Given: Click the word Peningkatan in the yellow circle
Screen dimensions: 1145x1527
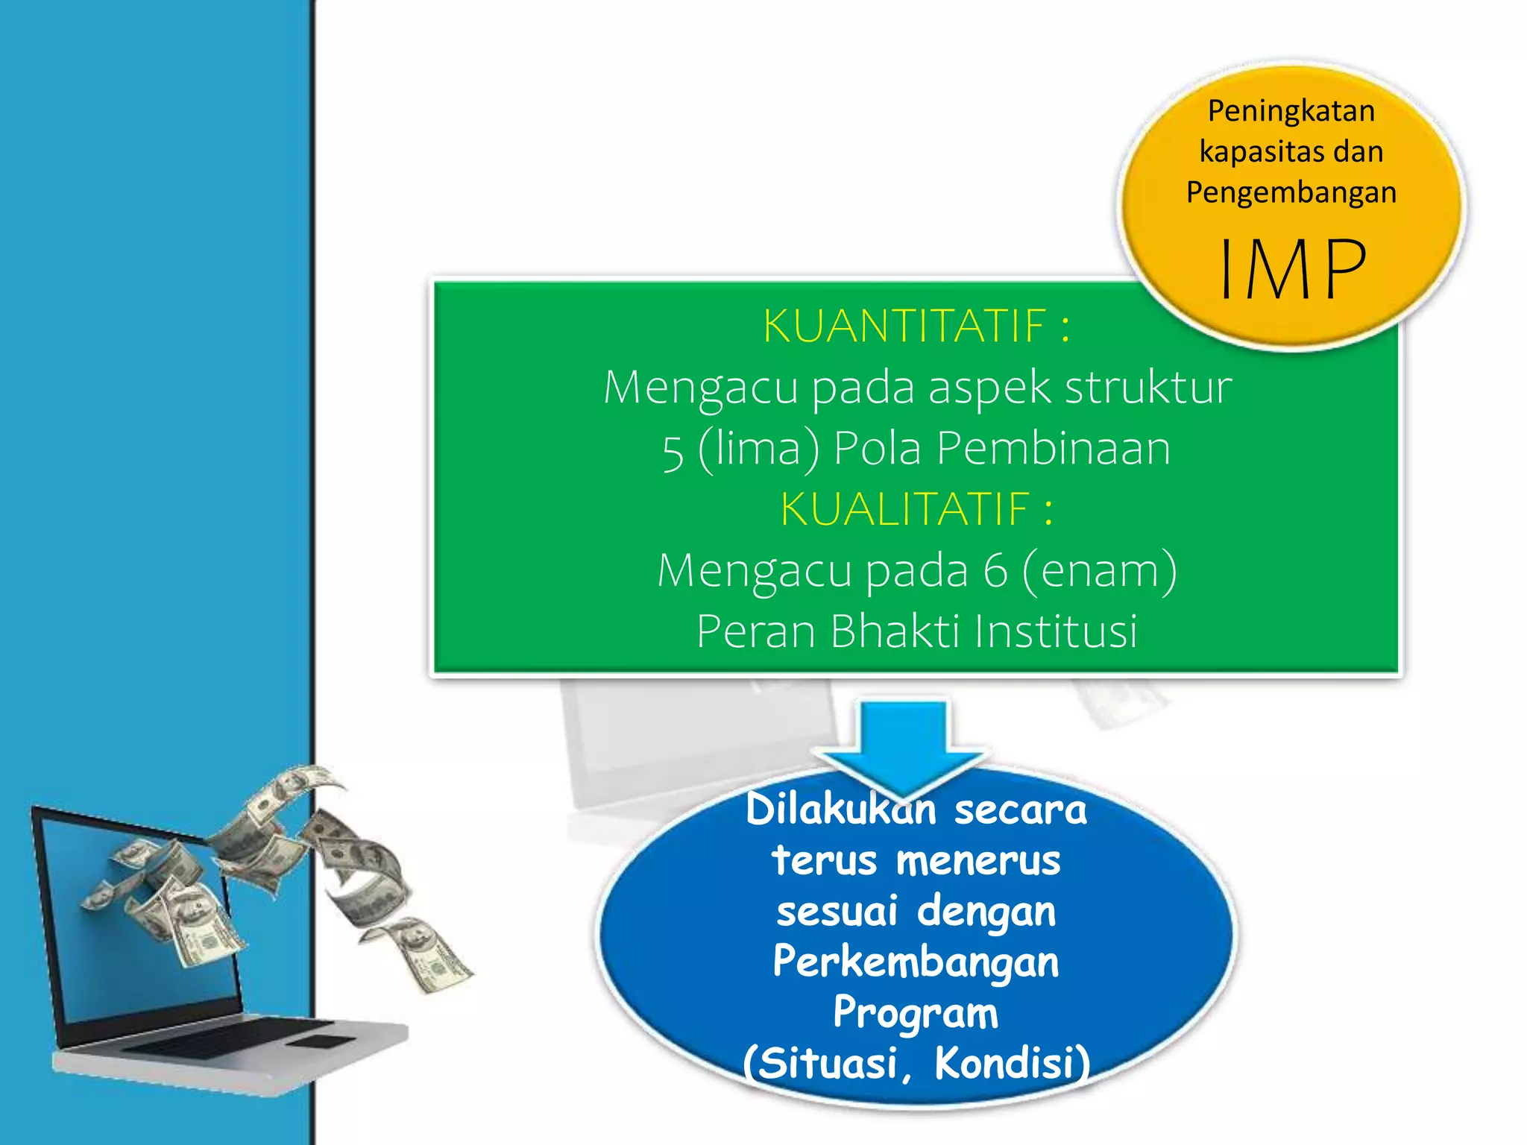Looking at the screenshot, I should tap(1291, 111).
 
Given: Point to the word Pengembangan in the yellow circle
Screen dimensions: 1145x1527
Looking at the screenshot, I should tap(1291, 192).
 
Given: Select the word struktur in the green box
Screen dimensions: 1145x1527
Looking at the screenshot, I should tap(1148, 388).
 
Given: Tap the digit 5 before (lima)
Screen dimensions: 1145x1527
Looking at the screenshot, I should tap(673, 451).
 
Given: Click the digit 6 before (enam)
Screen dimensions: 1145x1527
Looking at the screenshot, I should tap(995, 571).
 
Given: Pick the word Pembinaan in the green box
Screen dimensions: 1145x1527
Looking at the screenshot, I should tap(1053, 449).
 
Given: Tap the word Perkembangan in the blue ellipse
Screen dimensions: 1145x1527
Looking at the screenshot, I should tap(916, 962).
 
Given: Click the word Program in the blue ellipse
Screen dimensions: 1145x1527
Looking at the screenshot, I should tap(916, 1014).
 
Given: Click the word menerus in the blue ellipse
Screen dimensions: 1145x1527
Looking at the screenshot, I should tap(977, 860).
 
